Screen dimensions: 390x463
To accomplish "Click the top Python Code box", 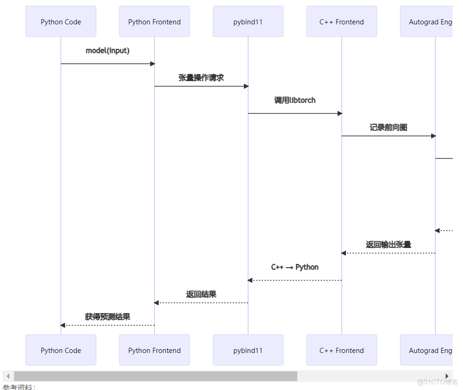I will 61,22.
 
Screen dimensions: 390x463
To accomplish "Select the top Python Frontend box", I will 154,22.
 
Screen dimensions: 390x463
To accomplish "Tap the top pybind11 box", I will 248,22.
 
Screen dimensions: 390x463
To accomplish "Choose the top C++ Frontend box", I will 342,22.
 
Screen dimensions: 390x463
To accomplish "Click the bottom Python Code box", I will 61,350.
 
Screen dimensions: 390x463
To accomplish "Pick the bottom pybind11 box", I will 248,350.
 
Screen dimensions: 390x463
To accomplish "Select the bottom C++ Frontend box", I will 342,350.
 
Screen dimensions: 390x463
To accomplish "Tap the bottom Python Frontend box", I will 154,350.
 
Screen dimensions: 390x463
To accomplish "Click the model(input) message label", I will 108,51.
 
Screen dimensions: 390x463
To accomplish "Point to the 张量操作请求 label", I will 201,78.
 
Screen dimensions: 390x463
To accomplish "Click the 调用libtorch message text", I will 295,100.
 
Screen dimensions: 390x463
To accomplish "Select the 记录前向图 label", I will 389,127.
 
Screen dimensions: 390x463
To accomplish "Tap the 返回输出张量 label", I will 389,245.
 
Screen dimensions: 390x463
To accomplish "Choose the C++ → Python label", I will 295,267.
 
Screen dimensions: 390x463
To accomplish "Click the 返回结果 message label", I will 201,294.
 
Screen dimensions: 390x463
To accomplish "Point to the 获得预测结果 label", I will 108,317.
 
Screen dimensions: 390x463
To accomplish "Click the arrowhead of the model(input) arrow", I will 152,64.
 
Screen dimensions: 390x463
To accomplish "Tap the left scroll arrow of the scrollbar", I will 8,376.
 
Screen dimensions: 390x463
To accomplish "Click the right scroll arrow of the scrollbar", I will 447,376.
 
